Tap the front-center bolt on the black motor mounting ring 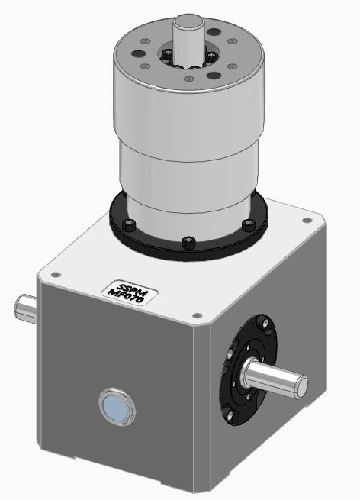coord(189,243)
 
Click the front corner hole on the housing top coord(196,315)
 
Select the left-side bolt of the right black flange coord(228,353)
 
